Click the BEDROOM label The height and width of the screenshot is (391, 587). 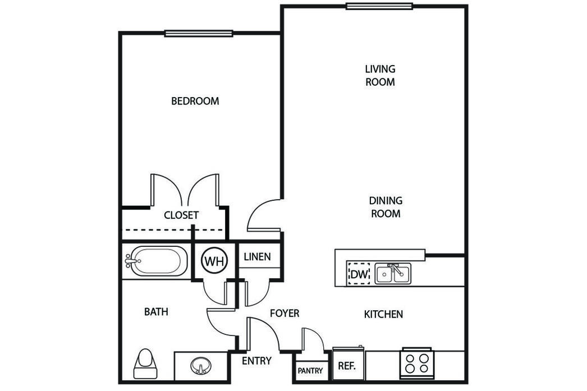[195, 101]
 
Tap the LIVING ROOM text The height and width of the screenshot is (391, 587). [380, 75]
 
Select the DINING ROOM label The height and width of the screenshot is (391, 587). [386, 207]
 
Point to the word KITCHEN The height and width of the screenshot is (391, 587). [383, 314]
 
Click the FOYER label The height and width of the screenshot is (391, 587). [285, 313]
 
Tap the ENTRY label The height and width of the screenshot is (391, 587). [256, 361]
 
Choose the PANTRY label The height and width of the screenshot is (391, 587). [310, 371]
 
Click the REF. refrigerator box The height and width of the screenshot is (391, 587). [348, 364]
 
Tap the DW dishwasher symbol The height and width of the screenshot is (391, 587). [359, 274]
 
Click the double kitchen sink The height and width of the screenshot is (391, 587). [393, 274]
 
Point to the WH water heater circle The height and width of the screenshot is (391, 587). [214, 261]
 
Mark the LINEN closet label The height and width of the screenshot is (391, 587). [257, 257]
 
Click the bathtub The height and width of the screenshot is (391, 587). [157, 261]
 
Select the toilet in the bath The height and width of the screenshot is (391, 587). [145, 364]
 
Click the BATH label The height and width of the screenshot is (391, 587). [156, 312]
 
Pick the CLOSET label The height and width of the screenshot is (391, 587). [181, 215]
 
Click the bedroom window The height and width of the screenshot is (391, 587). [199, 34]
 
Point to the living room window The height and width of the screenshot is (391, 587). [379, 6]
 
